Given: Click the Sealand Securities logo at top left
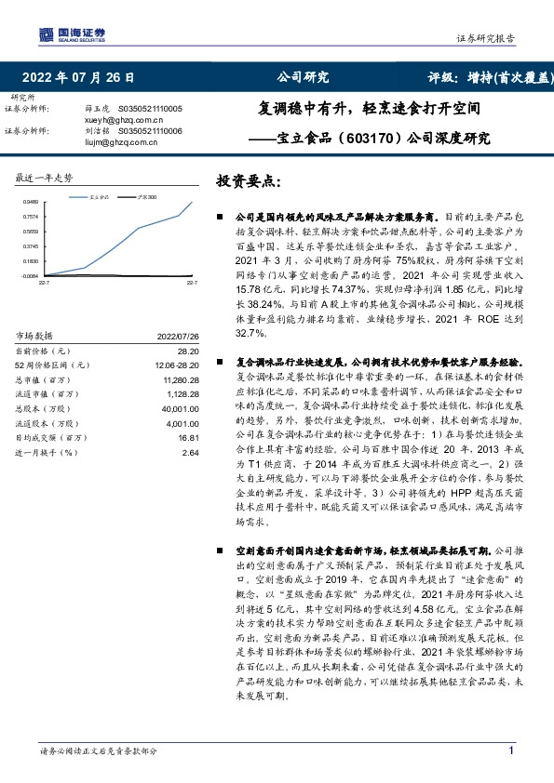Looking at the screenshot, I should click(71, 34).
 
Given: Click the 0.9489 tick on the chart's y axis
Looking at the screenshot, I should click(31, 201).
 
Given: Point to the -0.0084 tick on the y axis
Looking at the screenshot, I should click(30, 276).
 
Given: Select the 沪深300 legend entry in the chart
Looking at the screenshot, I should click(143, 197).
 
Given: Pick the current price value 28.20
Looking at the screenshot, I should click(189, 350).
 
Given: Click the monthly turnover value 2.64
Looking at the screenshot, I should click(191, 452).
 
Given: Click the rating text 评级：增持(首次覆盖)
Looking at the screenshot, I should click(489, 77).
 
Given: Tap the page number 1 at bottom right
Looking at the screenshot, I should click(510, 750).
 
